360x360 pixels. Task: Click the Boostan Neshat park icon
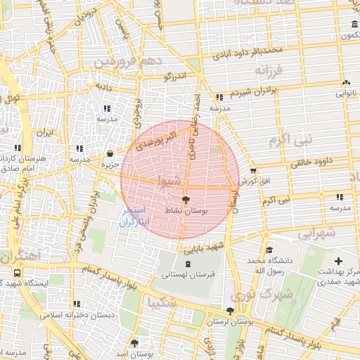186,200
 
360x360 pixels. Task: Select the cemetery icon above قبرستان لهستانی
186,264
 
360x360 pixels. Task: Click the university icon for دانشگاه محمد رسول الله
269,249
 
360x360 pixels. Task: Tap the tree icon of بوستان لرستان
230,311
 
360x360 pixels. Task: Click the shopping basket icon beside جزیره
110,154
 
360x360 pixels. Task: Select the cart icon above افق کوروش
253,171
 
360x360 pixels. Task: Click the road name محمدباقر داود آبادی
250,51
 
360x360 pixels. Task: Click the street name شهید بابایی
206,246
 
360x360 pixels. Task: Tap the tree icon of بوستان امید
134,344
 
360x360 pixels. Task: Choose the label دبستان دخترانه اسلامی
75,316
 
